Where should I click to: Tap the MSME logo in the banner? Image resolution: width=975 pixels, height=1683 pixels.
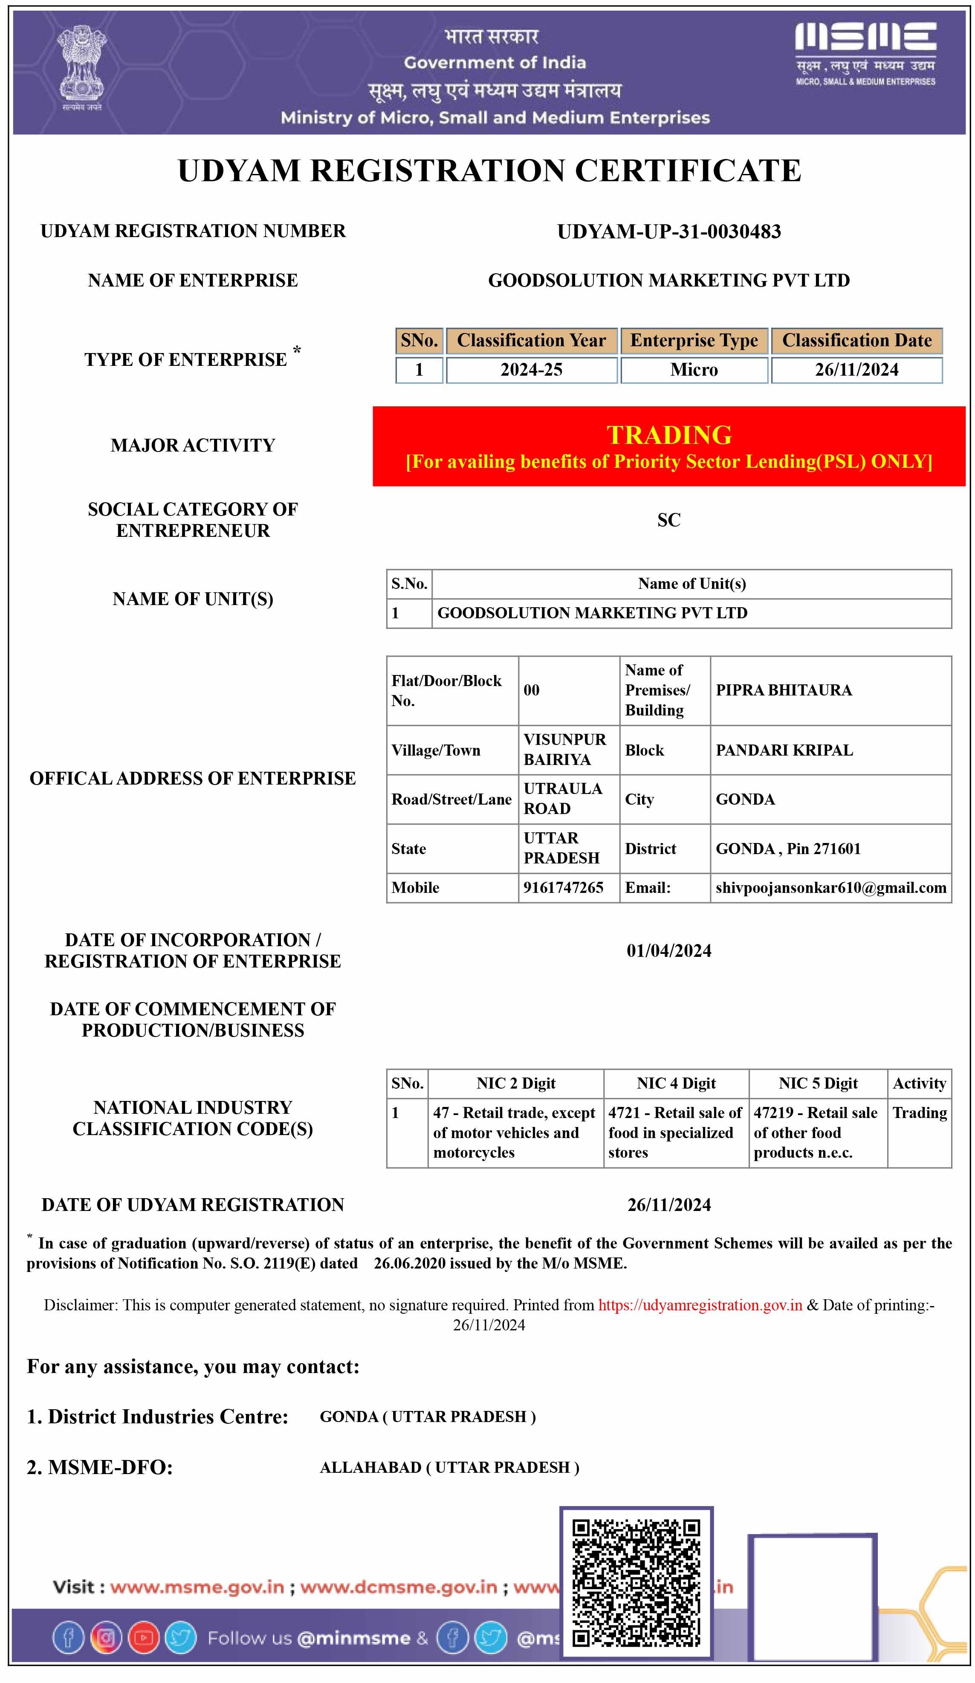click(x=865, y=53)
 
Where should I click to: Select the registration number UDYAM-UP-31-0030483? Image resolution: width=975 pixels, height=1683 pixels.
click(x=668, y=232)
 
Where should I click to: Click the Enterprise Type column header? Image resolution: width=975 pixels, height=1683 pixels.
click(x=694, y=341)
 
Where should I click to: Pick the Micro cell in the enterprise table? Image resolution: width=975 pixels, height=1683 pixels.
click(x=694, y=370)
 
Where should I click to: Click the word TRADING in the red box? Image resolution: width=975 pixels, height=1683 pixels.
click(x=668, y=435)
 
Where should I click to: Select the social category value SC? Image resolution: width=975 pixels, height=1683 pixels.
click(x=668, y=520)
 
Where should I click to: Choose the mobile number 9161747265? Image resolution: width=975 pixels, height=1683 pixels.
click(x=563, y=888)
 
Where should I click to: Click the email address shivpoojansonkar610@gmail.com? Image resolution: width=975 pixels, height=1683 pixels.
click(x=831, y=888)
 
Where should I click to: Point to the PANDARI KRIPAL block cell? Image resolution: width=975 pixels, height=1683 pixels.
click(x=784, y=750)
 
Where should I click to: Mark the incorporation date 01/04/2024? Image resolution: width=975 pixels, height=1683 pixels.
click(x=668, y=950)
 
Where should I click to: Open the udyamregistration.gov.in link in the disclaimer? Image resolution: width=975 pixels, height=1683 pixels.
click(x=700, y=1305)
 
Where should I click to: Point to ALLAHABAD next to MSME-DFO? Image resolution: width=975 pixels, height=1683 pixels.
click(x=370, y=1467)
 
